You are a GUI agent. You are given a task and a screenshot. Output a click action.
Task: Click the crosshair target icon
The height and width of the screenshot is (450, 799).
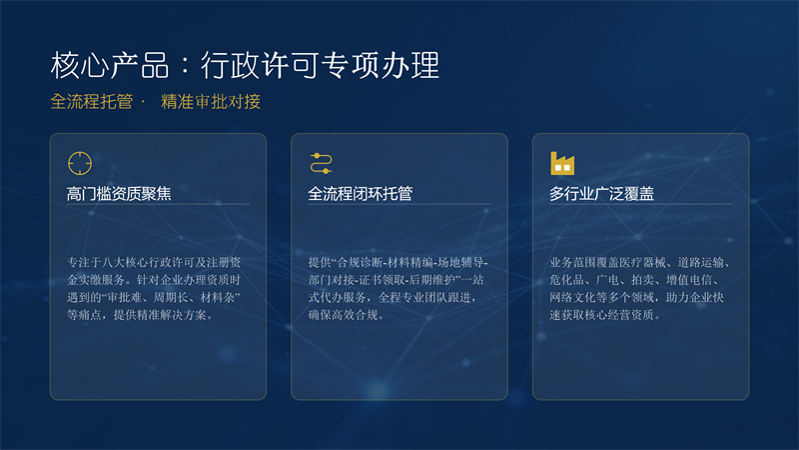(x=80, y=163)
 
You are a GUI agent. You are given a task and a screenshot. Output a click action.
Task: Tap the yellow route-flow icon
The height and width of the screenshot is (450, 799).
(x=321, y=163)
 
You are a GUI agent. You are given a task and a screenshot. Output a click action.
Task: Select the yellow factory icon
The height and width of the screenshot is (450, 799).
(x=562, y=163)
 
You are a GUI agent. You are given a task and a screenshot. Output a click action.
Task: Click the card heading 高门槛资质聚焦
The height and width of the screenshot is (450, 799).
(x=119, y=194)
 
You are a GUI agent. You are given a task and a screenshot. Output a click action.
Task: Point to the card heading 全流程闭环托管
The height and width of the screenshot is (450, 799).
(x=361, y=194)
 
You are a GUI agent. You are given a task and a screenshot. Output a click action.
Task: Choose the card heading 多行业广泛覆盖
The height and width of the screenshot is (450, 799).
(x=602, y=194)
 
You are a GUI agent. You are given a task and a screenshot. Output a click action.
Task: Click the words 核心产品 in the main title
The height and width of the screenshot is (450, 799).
(x=110, y=65)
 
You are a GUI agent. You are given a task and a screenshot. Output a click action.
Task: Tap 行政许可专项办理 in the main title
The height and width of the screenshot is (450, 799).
(x=320, y=65)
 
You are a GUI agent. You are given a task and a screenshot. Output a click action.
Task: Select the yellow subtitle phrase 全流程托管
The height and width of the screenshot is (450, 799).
(x=92, y=102)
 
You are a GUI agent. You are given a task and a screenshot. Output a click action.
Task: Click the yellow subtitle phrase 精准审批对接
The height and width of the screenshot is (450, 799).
(x=211, y=102)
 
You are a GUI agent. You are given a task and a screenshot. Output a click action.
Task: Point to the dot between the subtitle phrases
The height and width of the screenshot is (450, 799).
(x=143, y=102)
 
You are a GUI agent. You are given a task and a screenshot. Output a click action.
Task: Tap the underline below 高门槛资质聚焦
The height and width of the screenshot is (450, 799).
(x=158, y=204)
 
